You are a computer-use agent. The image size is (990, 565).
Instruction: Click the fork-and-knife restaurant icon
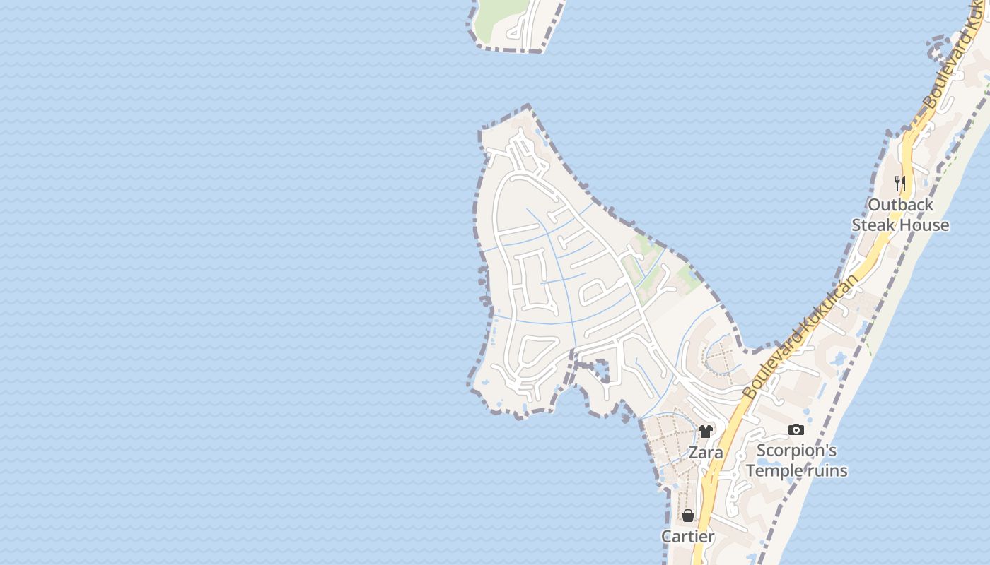899,184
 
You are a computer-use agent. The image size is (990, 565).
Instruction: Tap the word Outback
900,205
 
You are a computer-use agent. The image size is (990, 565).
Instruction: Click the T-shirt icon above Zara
705,432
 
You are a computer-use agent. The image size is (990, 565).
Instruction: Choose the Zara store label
706,453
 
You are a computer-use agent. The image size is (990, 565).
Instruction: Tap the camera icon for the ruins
796,429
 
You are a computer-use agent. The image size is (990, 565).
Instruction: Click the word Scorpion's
796,451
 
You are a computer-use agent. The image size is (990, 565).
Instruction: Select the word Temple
774,471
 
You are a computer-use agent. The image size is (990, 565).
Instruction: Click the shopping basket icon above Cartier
687,516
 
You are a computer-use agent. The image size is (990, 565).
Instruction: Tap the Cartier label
688,537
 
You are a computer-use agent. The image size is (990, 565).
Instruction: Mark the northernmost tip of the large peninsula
528,107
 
